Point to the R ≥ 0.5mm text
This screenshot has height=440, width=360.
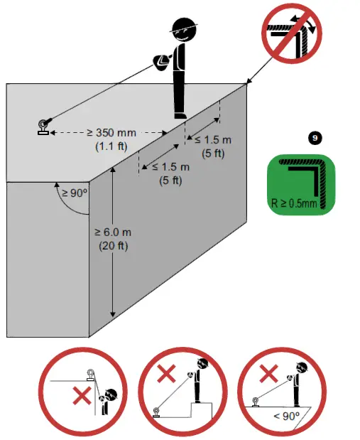tap(295, 202)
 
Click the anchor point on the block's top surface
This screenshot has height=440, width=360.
tap(44, 126)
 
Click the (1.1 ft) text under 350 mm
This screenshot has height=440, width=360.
tap(109, 146)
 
